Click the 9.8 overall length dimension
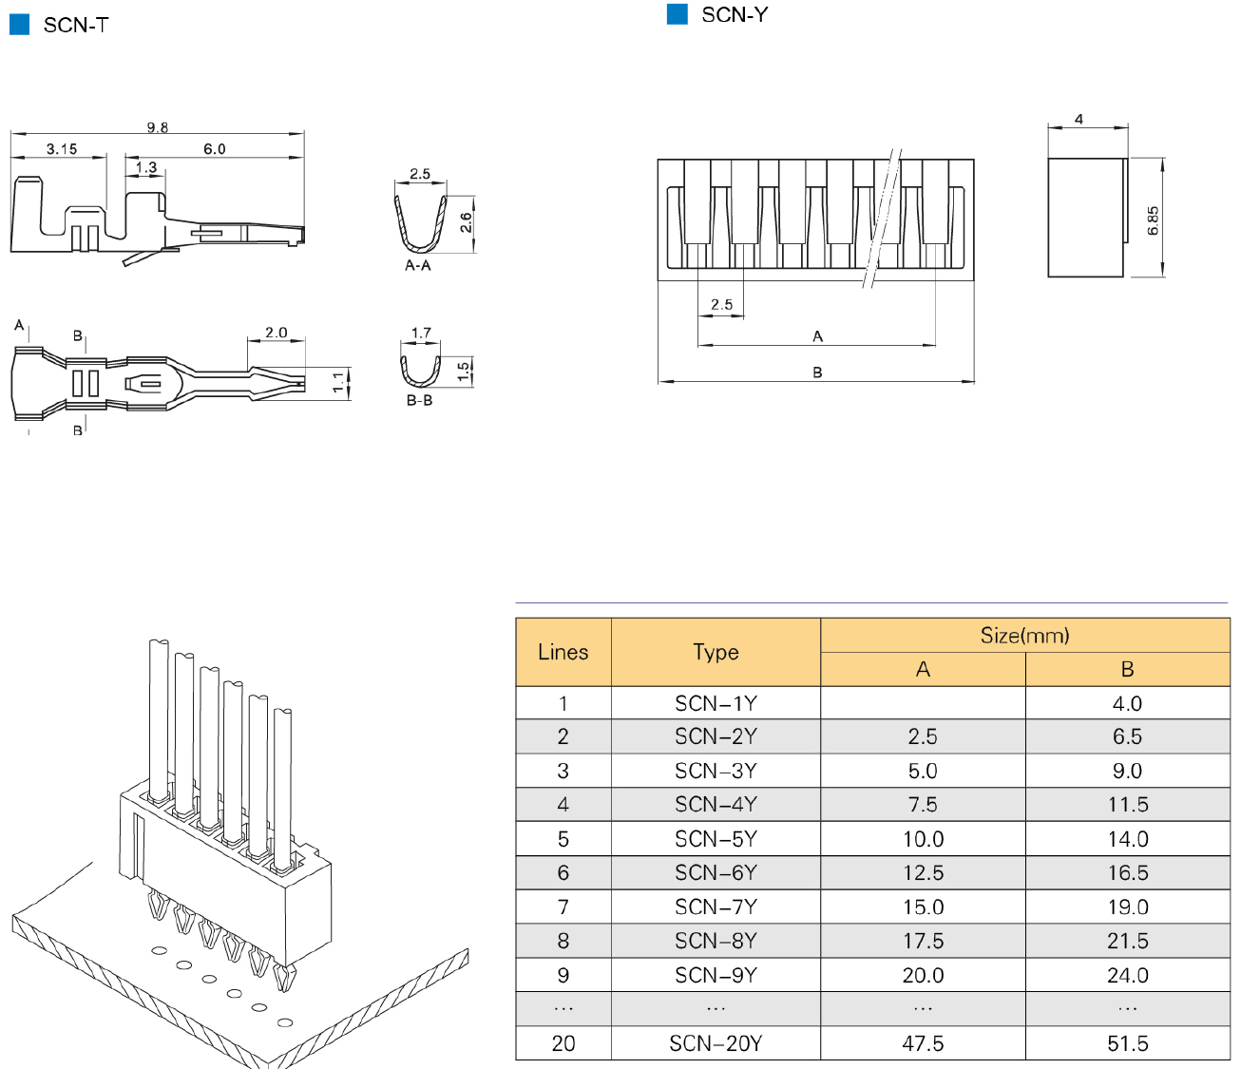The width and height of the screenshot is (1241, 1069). pyautogui.click(x=157, y=127)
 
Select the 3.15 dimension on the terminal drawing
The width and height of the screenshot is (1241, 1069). pyautogui.click(x=62, y=149)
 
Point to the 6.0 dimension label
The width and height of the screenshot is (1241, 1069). pyautogui.click(x=215, y=149)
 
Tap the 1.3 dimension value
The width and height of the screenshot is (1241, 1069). pyautogui.click(x=146, y=167)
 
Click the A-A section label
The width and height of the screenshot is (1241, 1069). pyautogui.click(x=418, y=265)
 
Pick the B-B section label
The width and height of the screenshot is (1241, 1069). pyautogui.click(x=419, y=400)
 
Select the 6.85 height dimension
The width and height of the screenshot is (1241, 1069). pyautogui.click(x=1153, y=220)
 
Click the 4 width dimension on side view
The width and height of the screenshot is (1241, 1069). pyautogui.click(x=1079, y=119)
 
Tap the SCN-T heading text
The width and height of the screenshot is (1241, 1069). pyautogui.click(x=76, y=26)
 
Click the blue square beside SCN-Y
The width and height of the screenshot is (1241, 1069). pyautogui.click(x=678, y=14)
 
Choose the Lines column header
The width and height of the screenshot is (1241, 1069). pyautogui.click(x=563, y=652)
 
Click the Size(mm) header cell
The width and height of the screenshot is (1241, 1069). pyautogui.click(x=1024, y=636)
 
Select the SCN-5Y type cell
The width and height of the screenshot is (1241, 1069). pyautogui.click(x=716, y=839)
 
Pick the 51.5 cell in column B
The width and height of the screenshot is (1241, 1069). pyautogui.click(x=1127, y=1043)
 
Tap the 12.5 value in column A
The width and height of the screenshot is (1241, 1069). pyautogui.click(x=923, y=872)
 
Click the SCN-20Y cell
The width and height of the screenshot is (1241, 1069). pyautogui.click(x=716, y=1043)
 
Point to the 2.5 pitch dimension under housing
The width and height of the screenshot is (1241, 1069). pyautogui.click(x=721, y=305)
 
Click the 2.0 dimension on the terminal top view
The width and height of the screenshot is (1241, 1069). pyautogui.click(x=276, y=333)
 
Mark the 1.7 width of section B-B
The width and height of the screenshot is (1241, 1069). pyautogui.click(x=421, y=333)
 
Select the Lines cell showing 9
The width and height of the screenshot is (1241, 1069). pyautogui.click(x=563, y=975)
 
